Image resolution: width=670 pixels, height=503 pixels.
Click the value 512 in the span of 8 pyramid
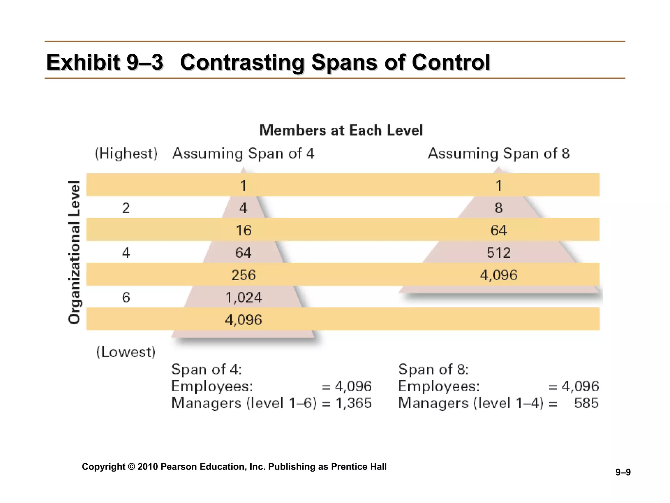coord(499,253)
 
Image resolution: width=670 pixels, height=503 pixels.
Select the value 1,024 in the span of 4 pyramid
coord(244,298)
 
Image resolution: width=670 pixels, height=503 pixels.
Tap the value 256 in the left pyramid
coord(244,275)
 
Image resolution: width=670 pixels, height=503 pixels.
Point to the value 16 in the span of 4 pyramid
coord(244,231)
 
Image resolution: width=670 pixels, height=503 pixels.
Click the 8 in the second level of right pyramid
coord(499,208)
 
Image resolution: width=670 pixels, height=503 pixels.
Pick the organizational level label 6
coord(126,298)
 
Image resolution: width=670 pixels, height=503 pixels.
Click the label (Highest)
coord(126,154)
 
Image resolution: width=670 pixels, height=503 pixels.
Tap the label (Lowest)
coord(126,352)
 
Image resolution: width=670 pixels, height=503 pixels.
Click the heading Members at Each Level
coord(341,130)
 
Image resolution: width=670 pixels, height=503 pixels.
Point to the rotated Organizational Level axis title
coord(74,252)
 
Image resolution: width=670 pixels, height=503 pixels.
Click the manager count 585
coord(586,403)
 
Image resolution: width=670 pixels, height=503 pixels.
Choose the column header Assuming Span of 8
coord(499,154)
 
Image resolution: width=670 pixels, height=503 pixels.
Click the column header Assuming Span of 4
coord(243,154)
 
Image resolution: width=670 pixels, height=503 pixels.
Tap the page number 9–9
coord(623,472)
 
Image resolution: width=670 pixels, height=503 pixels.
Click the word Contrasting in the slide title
coord(242,62)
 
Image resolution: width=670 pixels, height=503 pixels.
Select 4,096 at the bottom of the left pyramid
coord(244,320)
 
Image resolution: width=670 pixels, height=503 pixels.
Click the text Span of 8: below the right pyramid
coord(433,369)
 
